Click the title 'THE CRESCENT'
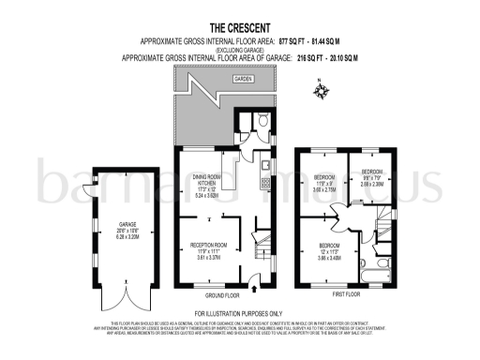pyautogui.click(x=239, y=28)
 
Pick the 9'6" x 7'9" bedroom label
pyautogui.click(x=372, y=179)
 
